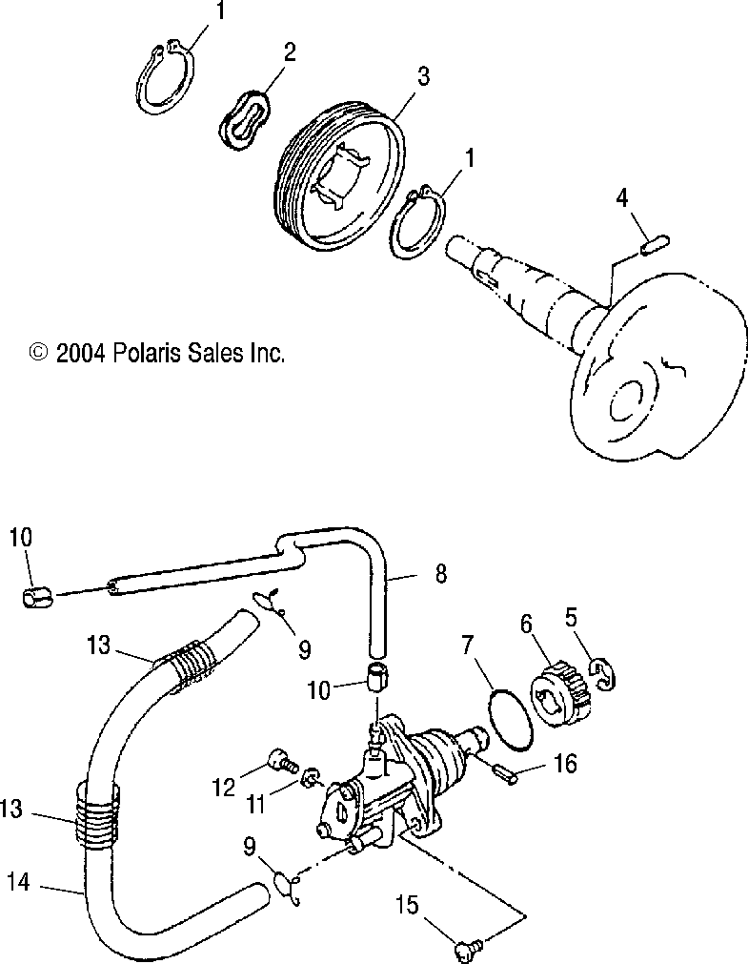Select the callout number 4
coord(621,198)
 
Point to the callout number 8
coord(439,574)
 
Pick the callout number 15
coord(406,902)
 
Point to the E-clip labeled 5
coord(599,673)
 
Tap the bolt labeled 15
coord(468,948)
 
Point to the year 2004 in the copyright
coord(80,354)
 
